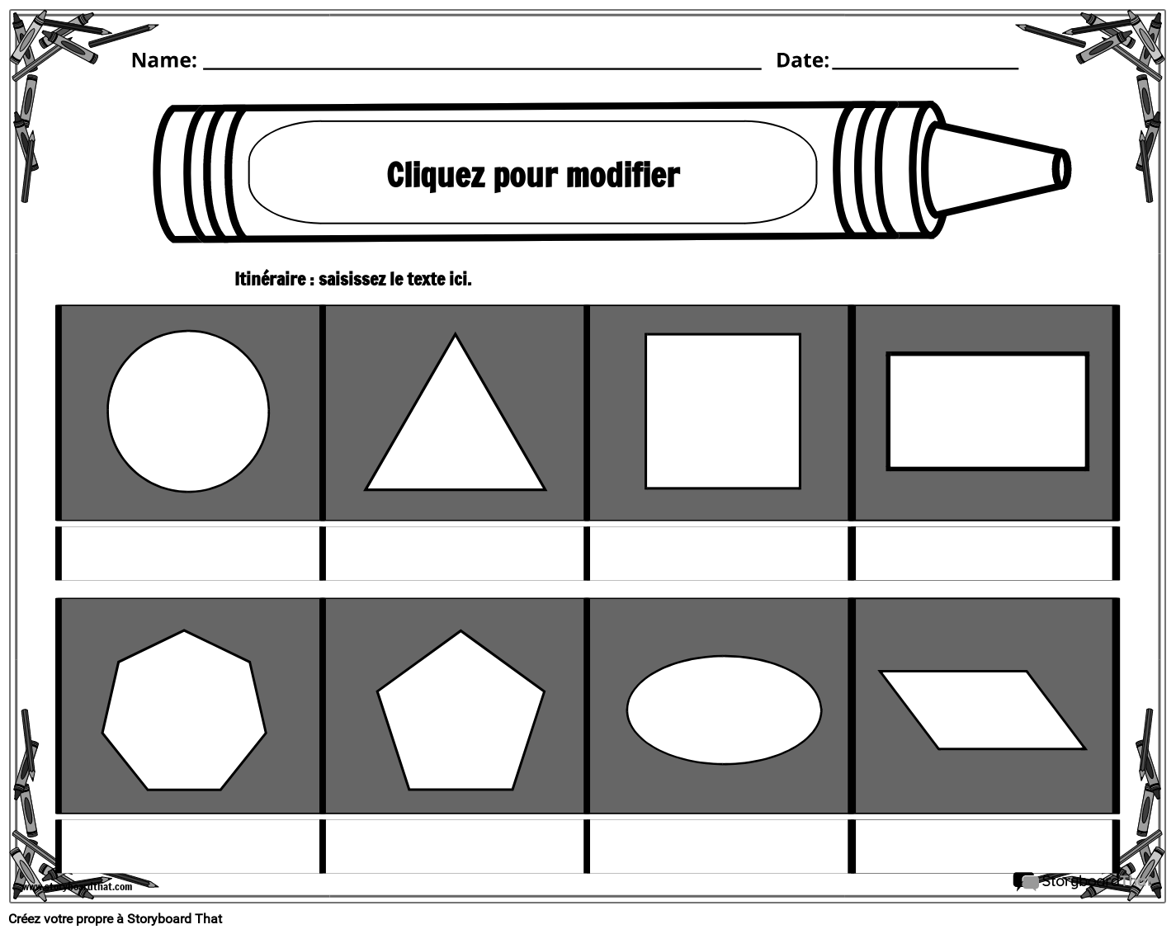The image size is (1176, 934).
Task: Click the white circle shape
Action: tap(188, 411)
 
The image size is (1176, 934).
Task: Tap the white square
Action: tap(722, 411)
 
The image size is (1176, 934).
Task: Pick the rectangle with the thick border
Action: tap(987, 411)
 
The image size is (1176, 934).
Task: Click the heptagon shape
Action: tap(184, 711)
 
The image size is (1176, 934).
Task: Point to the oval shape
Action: tap(724, 710)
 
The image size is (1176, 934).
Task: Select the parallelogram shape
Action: tap(983, 710)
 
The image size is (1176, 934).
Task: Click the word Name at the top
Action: tap(163, 60)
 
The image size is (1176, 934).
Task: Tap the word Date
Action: tap(801, 60)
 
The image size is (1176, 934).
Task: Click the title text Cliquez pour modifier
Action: tap(533, 175)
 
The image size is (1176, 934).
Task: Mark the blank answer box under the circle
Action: tap(190, 554)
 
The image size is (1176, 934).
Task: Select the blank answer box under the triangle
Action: tap(455, 554)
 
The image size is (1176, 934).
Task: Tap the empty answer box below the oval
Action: tap(720, 847)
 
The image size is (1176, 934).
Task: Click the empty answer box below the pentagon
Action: tap(455, 847)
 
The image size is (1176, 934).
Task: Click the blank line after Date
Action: tap(924, 63)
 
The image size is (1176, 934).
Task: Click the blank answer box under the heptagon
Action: tap(190, 847)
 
